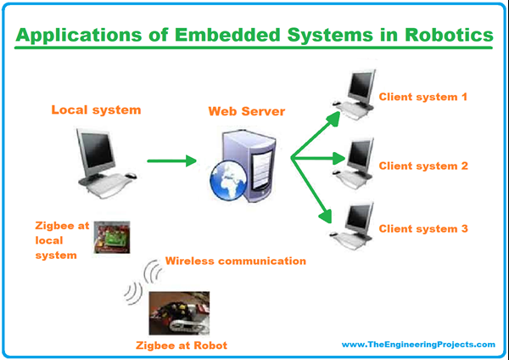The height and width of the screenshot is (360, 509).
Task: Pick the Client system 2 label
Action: pos(423,166)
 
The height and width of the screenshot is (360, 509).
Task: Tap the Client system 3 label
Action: pos(423,228)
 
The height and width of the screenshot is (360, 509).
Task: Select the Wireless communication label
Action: pos(235,262)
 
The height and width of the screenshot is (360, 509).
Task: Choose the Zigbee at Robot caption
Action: pos(182,346)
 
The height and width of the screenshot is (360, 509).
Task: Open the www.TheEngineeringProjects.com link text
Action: pos(417,344)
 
